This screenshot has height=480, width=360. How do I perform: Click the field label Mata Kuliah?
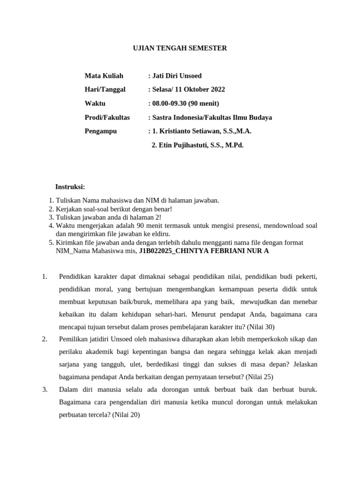104,75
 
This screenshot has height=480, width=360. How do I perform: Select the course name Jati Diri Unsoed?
176,75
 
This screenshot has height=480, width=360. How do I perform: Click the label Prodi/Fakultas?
107,117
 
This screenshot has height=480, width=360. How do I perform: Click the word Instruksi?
70,187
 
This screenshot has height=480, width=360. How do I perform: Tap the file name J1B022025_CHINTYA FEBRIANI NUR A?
204,251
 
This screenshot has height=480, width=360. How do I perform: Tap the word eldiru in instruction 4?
160,234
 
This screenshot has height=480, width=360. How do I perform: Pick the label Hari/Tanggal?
105,90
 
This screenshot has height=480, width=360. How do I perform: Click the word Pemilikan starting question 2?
73,339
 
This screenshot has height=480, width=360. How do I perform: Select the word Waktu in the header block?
95,103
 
